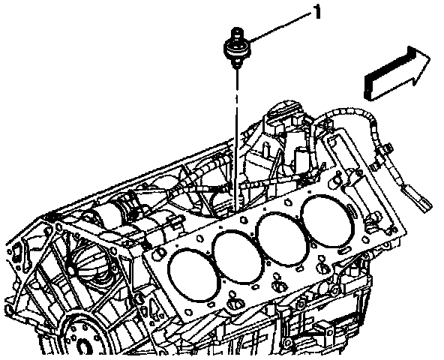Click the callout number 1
click(317, 12)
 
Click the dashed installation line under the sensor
click(235, 139)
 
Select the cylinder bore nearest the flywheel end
click(193, 275)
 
